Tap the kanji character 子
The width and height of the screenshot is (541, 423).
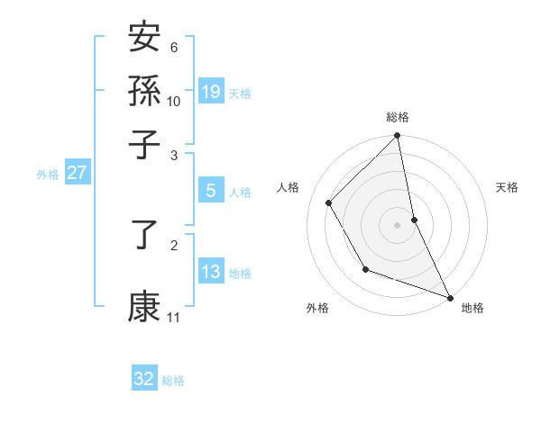pos(144,144)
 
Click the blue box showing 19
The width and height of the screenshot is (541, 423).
pos(211,92)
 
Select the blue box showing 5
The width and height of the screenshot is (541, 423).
pos(211,191)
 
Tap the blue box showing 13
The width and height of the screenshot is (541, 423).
pos(211,272)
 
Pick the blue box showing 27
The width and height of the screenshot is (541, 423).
pos(77,174)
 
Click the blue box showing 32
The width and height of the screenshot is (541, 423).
pos(144,379)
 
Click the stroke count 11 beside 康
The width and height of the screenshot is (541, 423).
pos(174,318)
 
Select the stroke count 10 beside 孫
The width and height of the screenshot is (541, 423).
pos(174,101)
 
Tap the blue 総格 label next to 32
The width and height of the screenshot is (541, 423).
pos(173,381)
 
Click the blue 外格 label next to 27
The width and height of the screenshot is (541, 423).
pos(48,175)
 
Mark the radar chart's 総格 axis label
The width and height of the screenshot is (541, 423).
pos(398,117)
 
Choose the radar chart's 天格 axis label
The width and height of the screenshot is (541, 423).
pos(507,187)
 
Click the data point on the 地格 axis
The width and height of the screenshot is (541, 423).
pos(449,297)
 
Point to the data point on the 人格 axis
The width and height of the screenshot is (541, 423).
pos(329,202)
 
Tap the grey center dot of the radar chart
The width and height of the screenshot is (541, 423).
pos(398,225)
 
